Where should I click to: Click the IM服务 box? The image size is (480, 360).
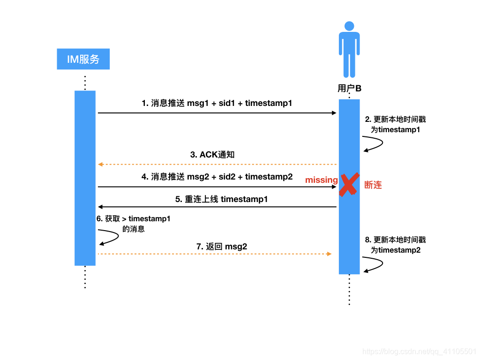click(x=83, y=59)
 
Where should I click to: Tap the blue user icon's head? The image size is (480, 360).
click(x=349, y=26)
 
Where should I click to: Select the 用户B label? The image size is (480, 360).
click(x=349, y=88)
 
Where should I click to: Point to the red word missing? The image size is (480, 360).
click(x=321, y=180)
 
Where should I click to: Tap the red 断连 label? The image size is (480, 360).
click(x=373, y=185)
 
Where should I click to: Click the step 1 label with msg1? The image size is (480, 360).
click(x=217, y=103)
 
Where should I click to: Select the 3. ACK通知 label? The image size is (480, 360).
click(x=212, y=155)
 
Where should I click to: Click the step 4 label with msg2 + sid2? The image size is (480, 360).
click(x=217, y=177)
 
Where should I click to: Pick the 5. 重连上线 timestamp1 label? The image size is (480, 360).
click(x=221, y=199)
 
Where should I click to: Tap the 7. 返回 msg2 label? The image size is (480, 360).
click(x=222, y=247)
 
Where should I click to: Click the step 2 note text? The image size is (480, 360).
click(x=395, y=124)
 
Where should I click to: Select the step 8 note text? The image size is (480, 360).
click(x=395, y=245)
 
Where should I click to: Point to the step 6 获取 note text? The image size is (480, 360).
click(x=133, y=224)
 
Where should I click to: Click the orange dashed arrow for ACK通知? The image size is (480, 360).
click(x=217, y=165)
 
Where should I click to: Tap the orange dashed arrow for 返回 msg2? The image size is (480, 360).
click(x=215, y=254)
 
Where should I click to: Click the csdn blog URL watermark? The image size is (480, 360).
click(x=420, y=351)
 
